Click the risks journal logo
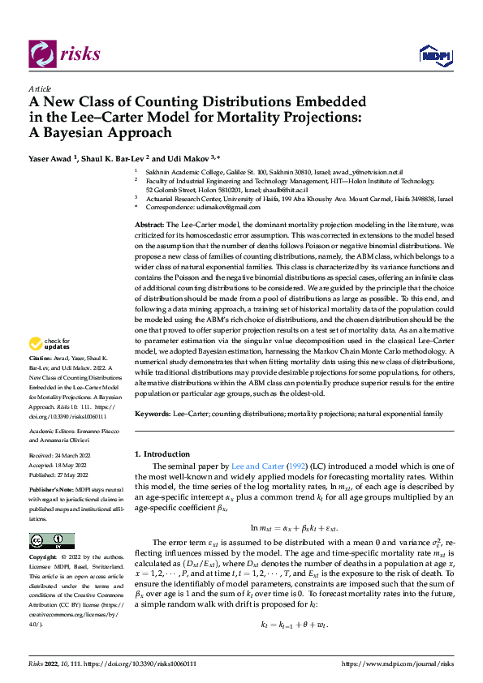[66, 54]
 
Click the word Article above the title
[40, 88]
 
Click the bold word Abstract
[150, 223]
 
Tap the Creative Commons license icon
[51, 540]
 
